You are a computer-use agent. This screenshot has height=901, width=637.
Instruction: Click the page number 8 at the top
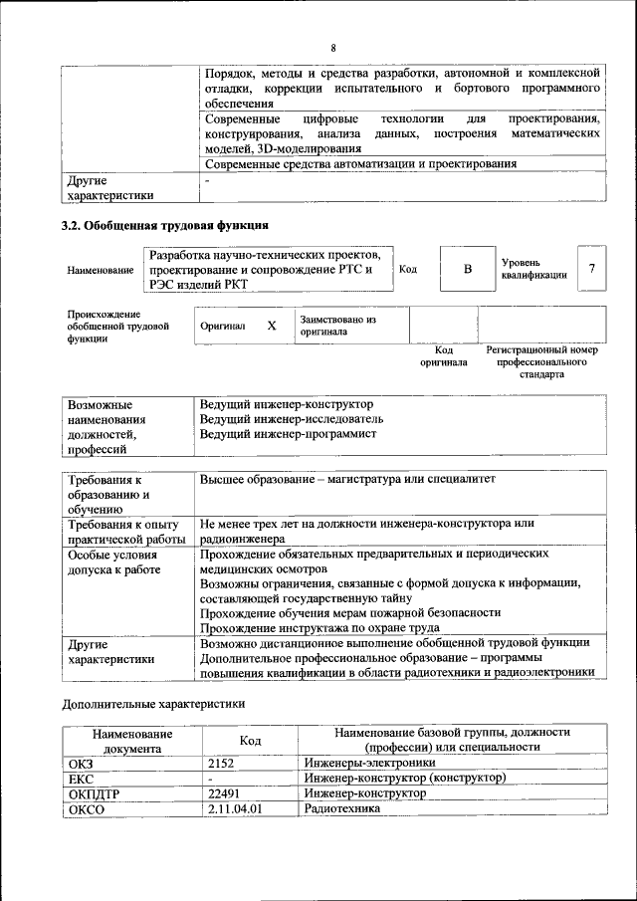tap(333, 48)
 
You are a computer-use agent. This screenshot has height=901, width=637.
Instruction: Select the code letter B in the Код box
tap(467, 269)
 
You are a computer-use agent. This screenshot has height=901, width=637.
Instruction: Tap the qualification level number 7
tap(592, 269)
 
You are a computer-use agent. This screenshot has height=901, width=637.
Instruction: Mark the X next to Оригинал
tap(271, 326)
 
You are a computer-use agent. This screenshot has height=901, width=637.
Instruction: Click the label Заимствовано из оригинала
tap(337, 326)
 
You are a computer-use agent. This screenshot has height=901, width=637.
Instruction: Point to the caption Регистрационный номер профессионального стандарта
tap(541, 362)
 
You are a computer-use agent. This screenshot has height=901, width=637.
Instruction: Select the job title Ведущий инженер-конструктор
tap(286, 404)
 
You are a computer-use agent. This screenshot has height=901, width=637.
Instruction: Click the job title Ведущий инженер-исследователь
tap(291, 419)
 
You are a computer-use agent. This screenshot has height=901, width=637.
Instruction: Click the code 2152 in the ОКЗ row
tap(225, 763)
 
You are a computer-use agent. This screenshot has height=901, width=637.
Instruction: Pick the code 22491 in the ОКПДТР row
tap(227, 793)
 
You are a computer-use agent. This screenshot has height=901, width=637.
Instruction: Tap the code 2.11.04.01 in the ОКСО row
tap(235, 809)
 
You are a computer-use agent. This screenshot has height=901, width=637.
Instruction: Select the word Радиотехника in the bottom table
tap(342, 809)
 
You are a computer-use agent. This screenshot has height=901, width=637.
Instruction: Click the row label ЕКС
tap(82, 779)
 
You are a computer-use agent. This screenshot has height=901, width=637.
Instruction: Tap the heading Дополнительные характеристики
tap(153, 704)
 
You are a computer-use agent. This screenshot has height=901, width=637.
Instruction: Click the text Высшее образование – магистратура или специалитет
tap(347, 479)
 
